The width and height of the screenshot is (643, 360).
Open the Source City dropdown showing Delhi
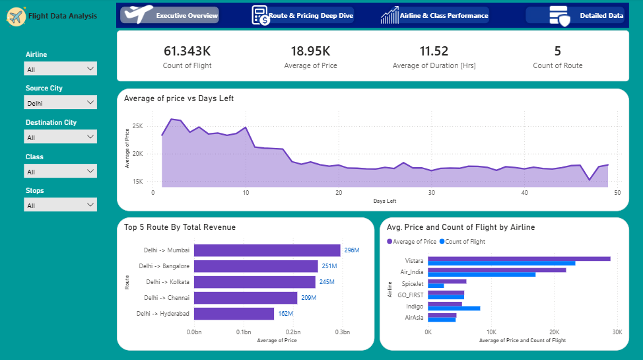coord(60,102)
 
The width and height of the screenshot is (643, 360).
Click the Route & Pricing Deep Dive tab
coord(302,16)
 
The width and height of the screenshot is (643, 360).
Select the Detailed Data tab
coord(575,16)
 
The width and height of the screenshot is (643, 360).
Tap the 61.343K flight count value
coord(187,51)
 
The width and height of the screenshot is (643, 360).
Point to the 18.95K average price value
coord(310,51)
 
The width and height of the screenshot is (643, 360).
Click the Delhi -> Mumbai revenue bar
coord(267,250)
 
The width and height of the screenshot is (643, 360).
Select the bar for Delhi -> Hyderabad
coord(234,314)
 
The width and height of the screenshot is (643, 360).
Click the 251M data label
coord(329,266)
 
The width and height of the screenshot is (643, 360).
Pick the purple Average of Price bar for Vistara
coord(519,259)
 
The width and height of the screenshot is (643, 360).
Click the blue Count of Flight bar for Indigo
coord(454,308)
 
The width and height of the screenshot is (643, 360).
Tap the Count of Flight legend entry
coord(463,242)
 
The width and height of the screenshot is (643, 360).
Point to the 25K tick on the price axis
coord(138,126)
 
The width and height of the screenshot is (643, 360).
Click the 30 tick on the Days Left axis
coord(431,192)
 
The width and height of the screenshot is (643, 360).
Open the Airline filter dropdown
coord(60,69)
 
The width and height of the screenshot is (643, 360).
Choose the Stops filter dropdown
coord(60,205)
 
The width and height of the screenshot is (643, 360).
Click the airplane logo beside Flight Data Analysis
coord(16,17)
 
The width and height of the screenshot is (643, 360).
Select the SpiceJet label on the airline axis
coord(412,283)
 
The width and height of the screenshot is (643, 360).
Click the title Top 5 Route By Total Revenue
coord(180,227)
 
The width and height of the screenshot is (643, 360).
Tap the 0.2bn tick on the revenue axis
coord(293,332)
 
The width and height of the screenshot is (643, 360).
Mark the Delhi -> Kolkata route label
coord(168,282)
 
